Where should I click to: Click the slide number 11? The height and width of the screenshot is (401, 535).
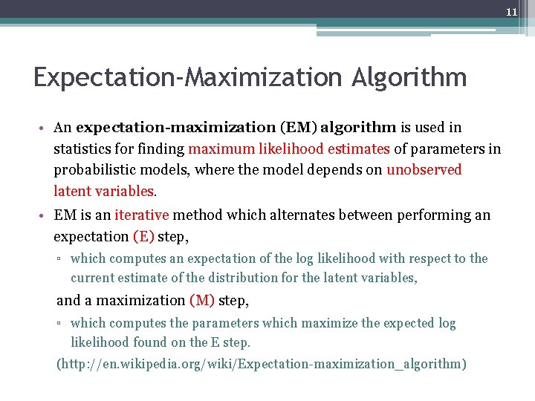pyautogui.click(x=511, y=12)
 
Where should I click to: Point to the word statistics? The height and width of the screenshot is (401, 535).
pyautogui.click(x=82, y=149)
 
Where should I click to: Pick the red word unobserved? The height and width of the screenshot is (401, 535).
pyautogui.click(x=424, y=170)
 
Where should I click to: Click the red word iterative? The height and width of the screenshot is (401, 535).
pyautogui.click(x=142, y=215)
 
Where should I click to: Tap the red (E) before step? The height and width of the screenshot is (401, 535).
pyautogui.click(x=143, y=236)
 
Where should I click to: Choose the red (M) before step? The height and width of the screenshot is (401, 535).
pyautogui.click(x=202, y=300)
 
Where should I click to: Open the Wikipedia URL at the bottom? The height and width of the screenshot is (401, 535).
pyautogui.click(x=262, y=364)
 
